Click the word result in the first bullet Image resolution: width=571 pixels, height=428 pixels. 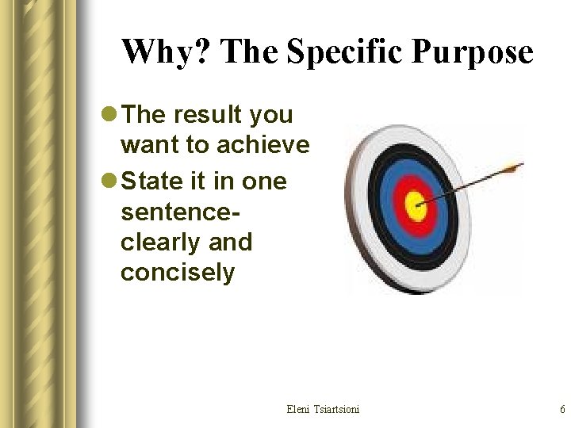[206, 115]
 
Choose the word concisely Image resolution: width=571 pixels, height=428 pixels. [178, 273]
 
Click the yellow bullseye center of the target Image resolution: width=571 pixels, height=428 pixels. [415, 207]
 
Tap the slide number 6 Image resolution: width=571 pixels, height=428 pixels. [561, 409]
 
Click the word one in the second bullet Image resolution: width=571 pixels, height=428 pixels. [264, 182]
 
